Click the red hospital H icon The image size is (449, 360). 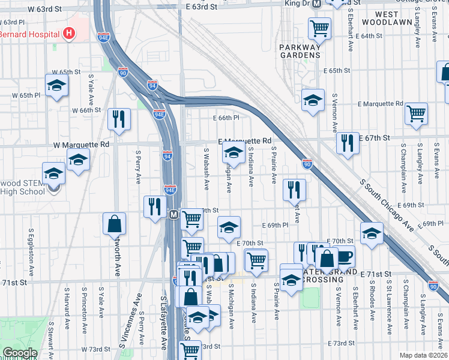(70, 32)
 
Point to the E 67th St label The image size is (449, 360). (374, 138)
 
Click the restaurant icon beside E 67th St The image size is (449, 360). (348, 143)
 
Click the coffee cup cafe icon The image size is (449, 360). (345, 256)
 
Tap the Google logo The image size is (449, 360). (20, 353)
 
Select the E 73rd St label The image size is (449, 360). (342, 343)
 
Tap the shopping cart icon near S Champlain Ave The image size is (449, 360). (416, 113)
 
